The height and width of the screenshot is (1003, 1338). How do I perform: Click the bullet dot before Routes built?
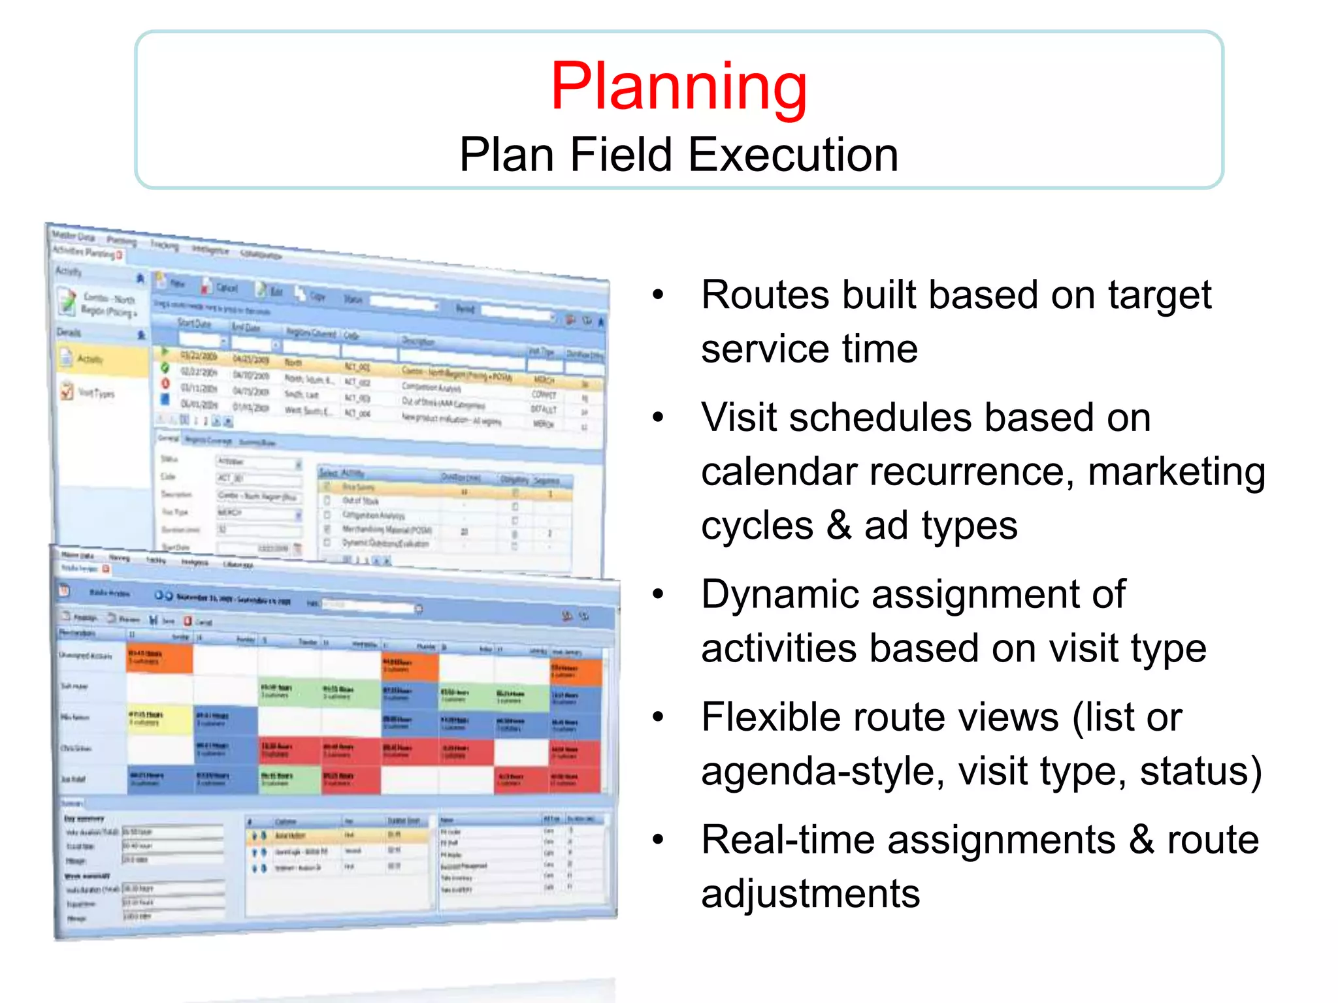(657, 295)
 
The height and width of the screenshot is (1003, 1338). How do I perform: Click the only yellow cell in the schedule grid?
(159, 718)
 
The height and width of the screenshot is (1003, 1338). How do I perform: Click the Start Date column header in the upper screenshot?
(194, 324)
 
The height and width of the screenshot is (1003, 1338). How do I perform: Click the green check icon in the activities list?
(165, 368)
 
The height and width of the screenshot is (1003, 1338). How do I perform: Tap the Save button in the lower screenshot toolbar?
(163, 620)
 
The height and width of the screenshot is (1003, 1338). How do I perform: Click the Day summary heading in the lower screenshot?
(84, 818)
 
